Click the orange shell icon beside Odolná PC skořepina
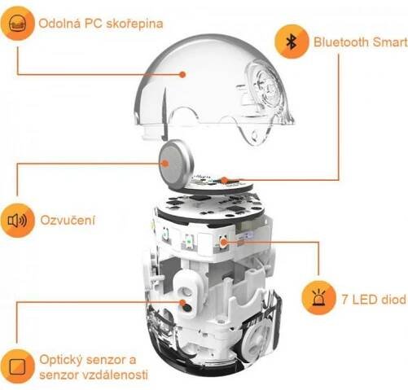click(17, 24)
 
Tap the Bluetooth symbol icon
click(292, 42)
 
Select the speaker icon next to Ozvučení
click(17, 221)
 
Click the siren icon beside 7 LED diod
click(318, 298)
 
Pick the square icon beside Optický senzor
click(17, 366)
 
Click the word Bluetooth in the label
click(341, 42)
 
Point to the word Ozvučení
click(68, 220)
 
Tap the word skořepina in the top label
click(134, 24)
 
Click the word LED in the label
click(364, 300)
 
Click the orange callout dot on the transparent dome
click(182, 74)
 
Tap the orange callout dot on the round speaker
click(165, 164)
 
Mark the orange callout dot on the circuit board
click(224, 180)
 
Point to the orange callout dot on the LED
click(223, 243)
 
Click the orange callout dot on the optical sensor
click(183, 302)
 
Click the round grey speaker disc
click(175, 164)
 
